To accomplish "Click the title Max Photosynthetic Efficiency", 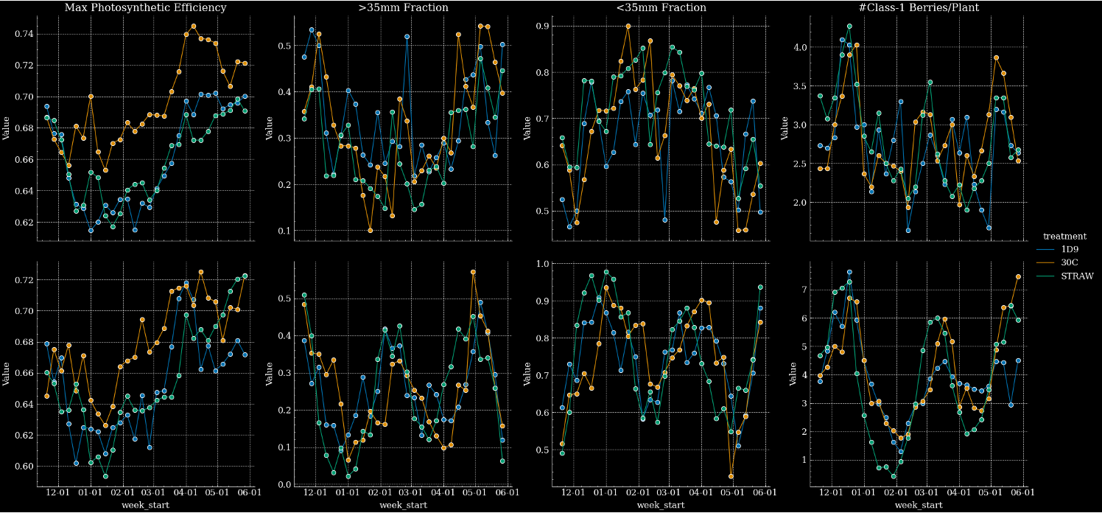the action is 146,7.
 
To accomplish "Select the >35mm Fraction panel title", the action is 404,7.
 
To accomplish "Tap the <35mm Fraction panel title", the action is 661,7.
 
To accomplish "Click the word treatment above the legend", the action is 1064,237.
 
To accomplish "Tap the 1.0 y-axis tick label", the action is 542,263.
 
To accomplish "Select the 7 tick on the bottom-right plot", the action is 804,290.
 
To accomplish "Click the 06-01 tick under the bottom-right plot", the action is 1023,493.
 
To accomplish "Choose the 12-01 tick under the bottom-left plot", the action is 58,493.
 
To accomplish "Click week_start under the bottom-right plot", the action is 919,505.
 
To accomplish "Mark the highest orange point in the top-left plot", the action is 194,26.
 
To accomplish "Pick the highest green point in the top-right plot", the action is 849,26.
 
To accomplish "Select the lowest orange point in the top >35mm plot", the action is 371,231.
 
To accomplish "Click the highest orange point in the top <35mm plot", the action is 628,26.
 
